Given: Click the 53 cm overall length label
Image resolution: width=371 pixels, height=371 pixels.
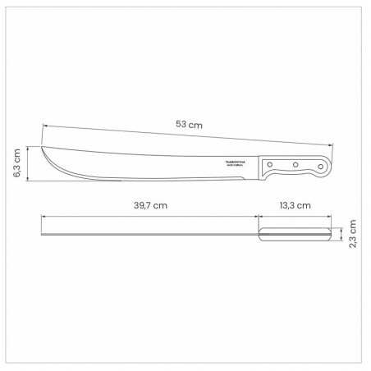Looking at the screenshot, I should tap(190, 125).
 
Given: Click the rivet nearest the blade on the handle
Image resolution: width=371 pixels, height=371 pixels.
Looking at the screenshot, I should tap(273, 166).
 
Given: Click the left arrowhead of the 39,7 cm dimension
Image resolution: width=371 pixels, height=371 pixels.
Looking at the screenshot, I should tap(42, 215).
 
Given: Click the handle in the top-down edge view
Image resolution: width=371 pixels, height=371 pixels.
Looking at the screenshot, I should tap(295, 236).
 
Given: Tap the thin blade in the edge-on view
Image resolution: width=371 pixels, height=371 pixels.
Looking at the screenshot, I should tap(148, 235).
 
